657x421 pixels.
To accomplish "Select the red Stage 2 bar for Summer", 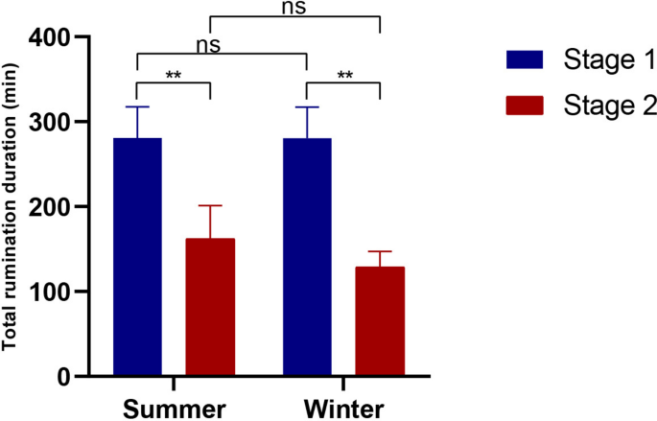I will coord(210,307).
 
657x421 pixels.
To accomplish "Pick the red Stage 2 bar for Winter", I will coord(380,321).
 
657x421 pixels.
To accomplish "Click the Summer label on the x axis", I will coord(174,407).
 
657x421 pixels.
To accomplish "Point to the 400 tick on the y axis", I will coord(59,37).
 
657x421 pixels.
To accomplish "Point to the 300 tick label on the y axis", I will coord(59,123).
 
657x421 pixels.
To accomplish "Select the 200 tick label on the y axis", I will coord(59,207).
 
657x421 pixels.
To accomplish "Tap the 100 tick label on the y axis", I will coord(59,292).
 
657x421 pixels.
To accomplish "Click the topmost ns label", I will coord(294,7).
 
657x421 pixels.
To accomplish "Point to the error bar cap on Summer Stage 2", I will coord(210,205).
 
